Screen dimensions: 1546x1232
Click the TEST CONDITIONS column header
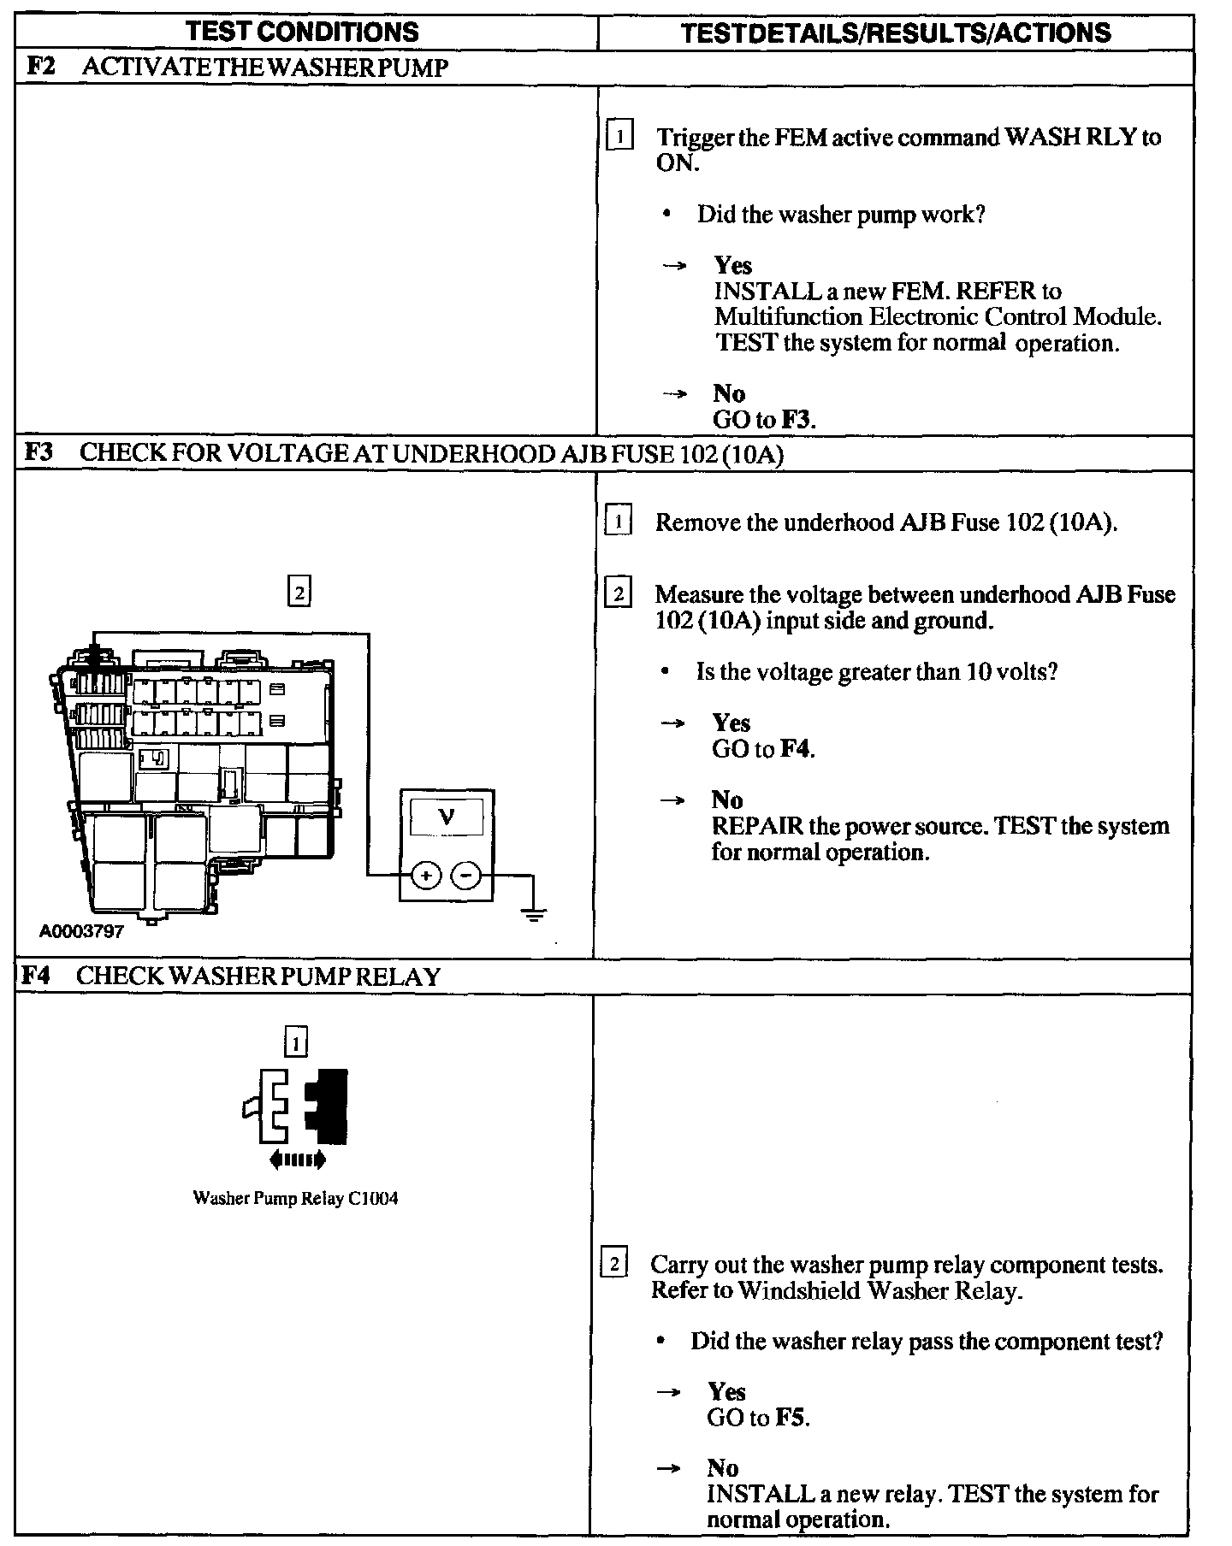coord(303,32)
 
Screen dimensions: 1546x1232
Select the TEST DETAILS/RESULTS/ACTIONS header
coord(896,33)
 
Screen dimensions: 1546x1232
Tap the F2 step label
coord(40,68)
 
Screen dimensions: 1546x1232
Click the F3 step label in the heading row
coord(38,452)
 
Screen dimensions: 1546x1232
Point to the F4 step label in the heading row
coord(36,976)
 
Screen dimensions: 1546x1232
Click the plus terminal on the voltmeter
coord(426,875)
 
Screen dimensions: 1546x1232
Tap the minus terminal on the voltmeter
coord(466,875)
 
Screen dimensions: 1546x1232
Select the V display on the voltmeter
coord(447,817)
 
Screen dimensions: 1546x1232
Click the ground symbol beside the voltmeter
coord(534,916)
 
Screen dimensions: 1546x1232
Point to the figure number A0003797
coord(81,931)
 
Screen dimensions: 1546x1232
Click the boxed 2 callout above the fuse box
coord(299,592)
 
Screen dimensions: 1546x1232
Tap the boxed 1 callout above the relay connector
coord(295,1042)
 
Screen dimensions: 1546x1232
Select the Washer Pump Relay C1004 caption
coord(295,1198)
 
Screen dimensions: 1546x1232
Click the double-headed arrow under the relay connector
coord(297,1159)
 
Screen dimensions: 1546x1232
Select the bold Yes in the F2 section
coord(733,265)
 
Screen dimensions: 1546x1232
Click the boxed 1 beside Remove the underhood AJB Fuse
coord(618,521)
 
